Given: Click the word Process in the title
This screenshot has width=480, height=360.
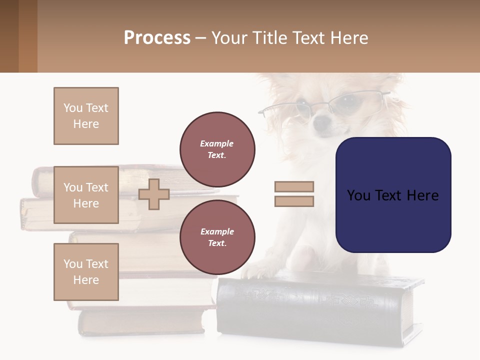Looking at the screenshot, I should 157,38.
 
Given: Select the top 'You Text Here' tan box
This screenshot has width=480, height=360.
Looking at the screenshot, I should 86,116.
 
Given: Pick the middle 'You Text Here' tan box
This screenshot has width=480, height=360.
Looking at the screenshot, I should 86,195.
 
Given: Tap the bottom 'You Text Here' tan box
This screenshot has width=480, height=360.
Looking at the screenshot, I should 86,272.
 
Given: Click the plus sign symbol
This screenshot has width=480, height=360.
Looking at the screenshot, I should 154,194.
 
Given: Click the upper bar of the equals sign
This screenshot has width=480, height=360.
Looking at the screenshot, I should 294,187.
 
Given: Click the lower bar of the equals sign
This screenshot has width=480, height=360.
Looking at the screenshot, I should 294,201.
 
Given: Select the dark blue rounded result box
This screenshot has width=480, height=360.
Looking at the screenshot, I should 393,194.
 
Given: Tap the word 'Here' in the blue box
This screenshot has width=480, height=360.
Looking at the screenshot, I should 422,195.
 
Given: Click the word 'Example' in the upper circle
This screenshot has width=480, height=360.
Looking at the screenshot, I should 217,143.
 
